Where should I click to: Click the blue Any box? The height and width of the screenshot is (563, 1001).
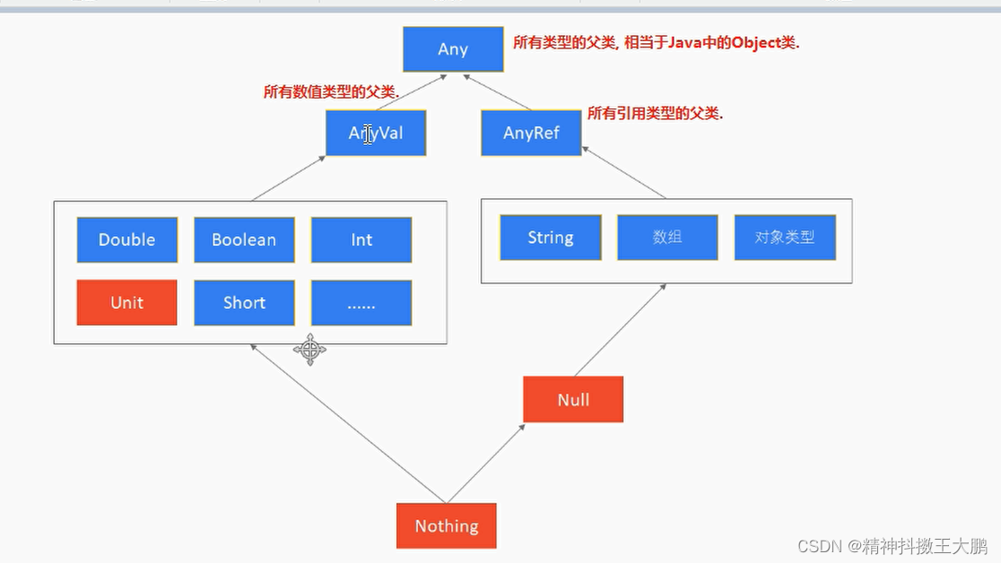click(x=453, y=48)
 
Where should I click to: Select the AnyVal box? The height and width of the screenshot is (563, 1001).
click(x=375, y=133)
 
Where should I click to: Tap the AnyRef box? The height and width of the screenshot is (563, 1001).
click(x=531, y=133)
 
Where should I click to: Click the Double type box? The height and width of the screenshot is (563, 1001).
click(x=126, y=239)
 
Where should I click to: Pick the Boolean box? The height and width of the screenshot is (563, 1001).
click(x=244, y=239)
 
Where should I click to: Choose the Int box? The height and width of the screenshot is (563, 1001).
click(x=361, y=239)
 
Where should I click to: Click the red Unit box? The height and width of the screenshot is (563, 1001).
click(x=126, y=302)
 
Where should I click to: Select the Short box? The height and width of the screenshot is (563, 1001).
click(x=244, y=302)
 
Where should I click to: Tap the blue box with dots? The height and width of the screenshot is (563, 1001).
click(x=361, y=303)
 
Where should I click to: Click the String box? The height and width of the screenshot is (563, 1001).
click(x=550, y=238)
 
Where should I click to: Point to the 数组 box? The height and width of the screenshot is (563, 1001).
click(x=667, y=238)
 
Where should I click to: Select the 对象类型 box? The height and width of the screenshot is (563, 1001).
click(x=785, y=238)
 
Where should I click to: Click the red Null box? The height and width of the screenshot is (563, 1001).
click(x=573, y=399)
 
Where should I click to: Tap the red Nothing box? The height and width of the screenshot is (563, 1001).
click(x=446, y=525)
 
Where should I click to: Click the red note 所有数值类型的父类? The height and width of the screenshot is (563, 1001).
click(x=331, y=91)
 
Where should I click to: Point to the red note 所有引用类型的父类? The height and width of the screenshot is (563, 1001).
click(x=655, y=113)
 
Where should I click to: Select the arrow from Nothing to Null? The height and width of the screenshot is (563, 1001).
click(x=486, y=463)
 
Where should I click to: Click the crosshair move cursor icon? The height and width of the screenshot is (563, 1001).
click(x=309, y=349)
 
